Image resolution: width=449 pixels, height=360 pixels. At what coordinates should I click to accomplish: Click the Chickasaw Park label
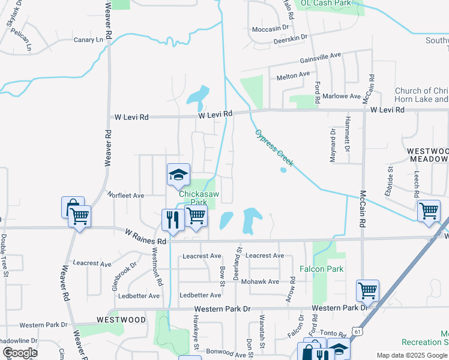[x=193, y=199]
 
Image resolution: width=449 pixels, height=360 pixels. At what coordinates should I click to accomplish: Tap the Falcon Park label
[x=324, y=269]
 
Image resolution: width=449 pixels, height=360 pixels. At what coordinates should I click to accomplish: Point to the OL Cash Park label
[x=325, y=3]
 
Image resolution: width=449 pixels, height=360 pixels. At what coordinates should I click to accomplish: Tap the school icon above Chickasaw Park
[x=178, y=175]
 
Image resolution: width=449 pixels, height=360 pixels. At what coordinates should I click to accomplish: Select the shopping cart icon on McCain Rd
[x=367, y=291]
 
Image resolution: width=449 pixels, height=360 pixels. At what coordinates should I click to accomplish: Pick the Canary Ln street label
[x=88, y=40]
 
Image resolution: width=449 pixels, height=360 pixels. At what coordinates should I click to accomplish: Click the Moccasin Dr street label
[x=270, y=28]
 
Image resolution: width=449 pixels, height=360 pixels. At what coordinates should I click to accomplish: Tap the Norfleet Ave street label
[x=125, y=195]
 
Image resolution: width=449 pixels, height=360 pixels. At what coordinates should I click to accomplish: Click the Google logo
[x=19, y=353]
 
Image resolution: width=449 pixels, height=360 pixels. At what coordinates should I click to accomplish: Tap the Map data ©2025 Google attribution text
[x=412, y=355]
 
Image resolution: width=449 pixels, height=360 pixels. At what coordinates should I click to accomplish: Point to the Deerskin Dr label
[x=290, y=37]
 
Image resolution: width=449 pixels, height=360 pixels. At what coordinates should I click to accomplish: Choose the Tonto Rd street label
[x=333, y=335]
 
